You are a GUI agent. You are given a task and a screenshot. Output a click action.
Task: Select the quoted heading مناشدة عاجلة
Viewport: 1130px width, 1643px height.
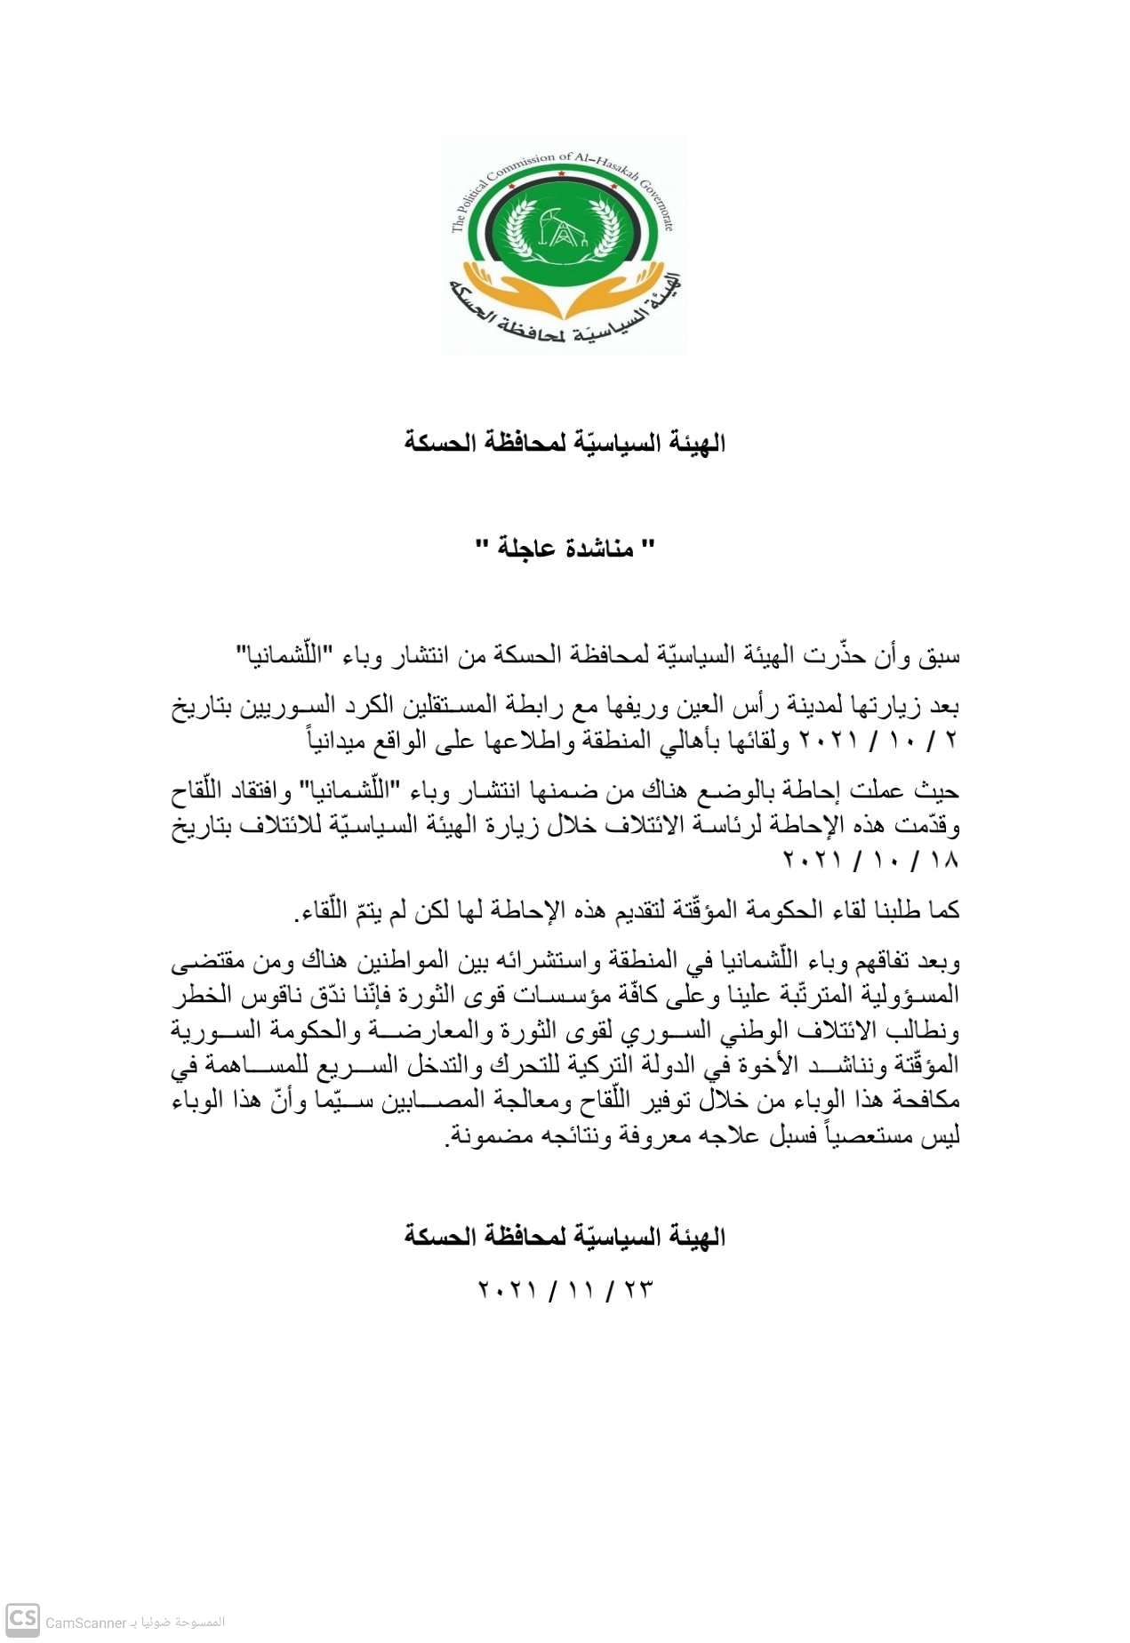coord(565,548)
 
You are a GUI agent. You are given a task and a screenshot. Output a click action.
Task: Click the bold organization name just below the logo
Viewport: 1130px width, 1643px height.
coord(565,442)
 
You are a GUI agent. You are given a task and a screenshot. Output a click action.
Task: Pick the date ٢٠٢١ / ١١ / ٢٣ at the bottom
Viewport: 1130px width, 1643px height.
coord(565,1289)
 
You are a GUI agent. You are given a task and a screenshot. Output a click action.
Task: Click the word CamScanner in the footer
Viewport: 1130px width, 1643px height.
coord(86,1623)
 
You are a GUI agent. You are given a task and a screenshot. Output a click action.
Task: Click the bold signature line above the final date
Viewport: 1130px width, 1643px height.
coord(565,1236)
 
